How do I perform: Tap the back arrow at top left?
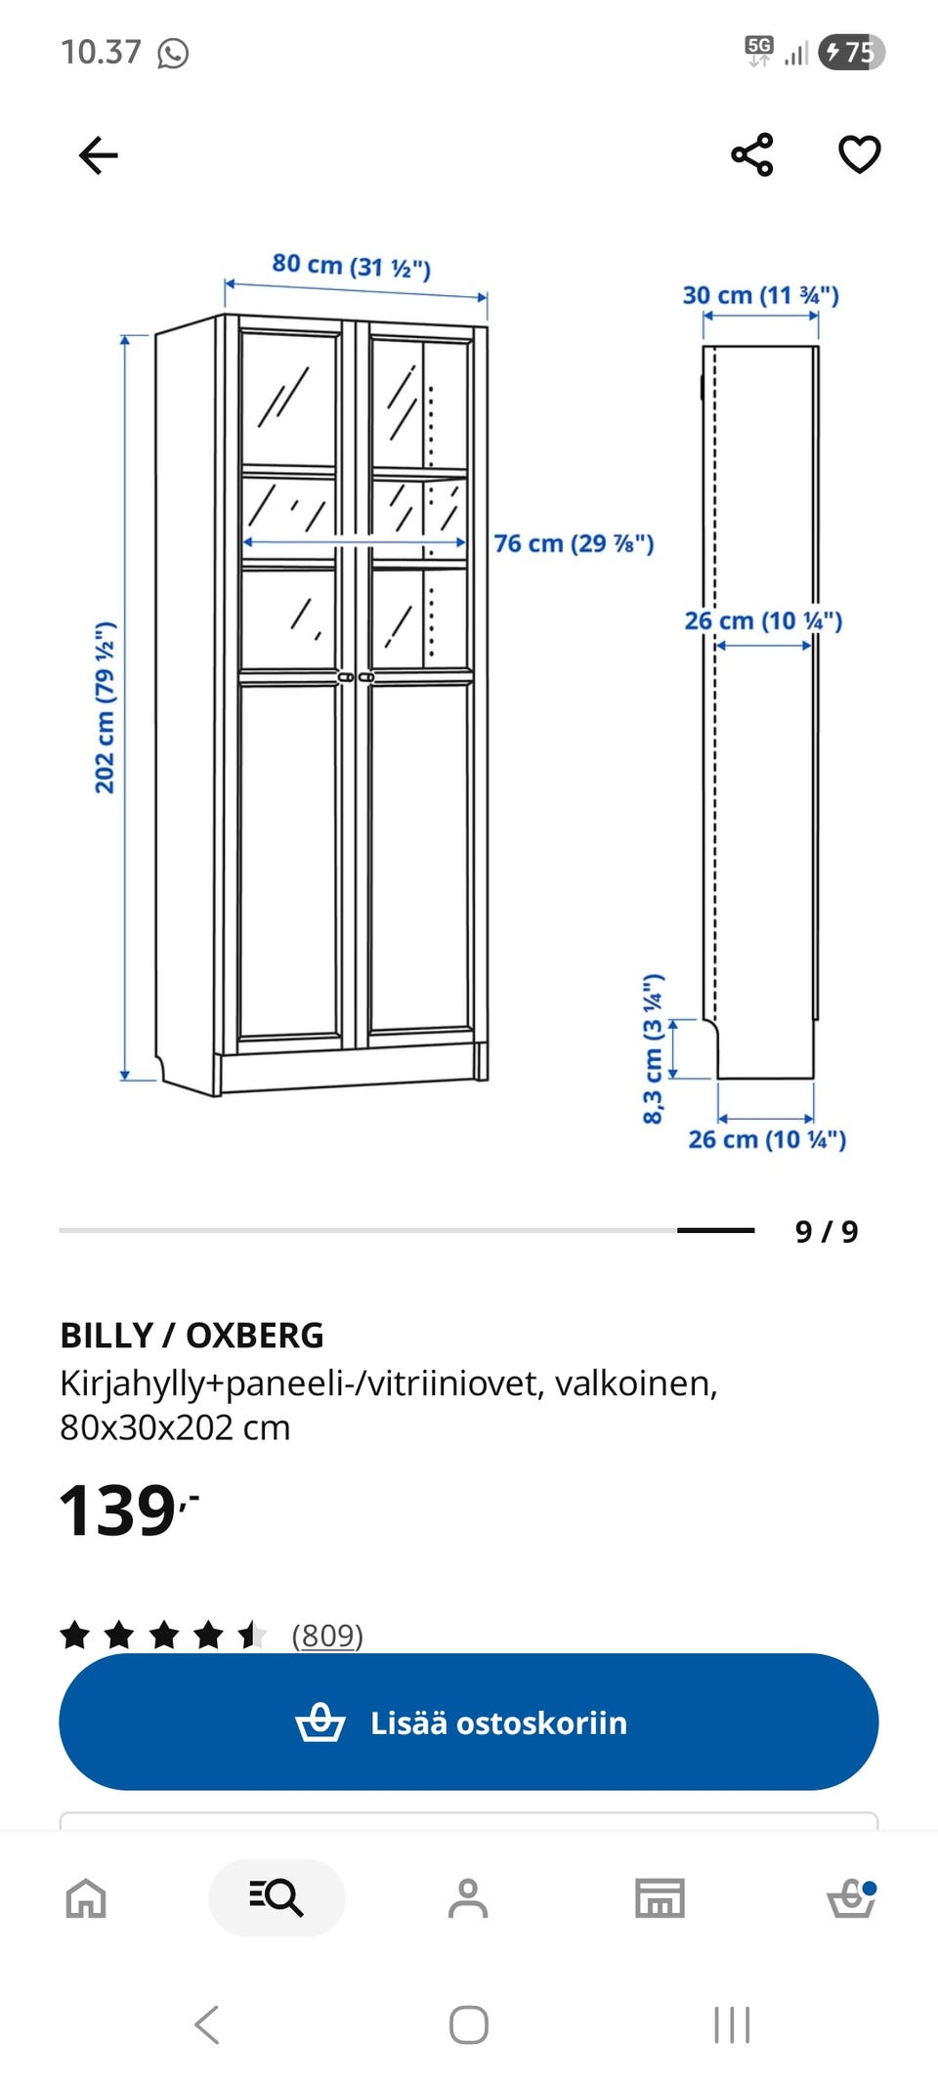pos(98,155)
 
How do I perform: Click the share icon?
pos(752,154)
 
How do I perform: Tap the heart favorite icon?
pos(860,154)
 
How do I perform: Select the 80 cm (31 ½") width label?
pos(351,266)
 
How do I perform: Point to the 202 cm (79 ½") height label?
pos(105,707)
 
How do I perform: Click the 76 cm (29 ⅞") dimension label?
pos(574,543)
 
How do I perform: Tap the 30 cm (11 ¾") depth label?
pos(761,295)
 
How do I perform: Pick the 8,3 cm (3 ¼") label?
pos(653,1048)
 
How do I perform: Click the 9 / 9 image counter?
pos(827,1231)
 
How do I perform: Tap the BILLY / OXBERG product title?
pos(192,1335)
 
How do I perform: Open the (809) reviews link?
pos(327,1635)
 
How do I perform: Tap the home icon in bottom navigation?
pos(86,1898)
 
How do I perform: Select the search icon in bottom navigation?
pos(277,1897)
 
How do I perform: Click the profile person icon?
pos(468,1898)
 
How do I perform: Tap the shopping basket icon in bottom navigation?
pos(852,1898)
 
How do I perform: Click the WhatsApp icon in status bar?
pos(173,53)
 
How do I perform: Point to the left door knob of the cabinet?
pos(345,677)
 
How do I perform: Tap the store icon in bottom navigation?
pos(660,1898)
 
